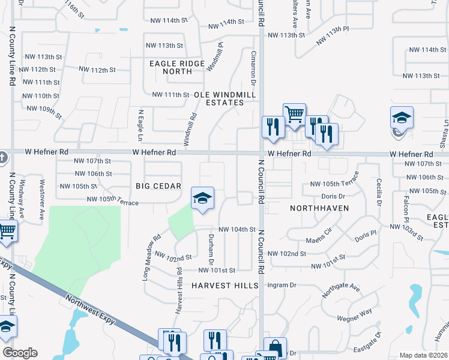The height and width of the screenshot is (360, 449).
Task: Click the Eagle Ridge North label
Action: click(170, 66)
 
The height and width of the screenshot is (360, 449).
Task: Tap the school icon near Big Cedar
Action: click(203, 198)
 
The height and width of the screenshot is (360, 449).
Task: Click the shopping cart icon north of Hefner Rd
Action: click(294, 113)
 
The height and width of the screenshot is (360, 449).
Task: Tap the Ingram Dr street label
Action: click(282, 285)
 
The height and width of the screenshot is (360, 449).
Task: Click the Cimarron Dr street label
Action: click(253, 67)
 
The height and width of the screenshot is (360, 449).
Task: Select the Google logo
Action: click(20, 353)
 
